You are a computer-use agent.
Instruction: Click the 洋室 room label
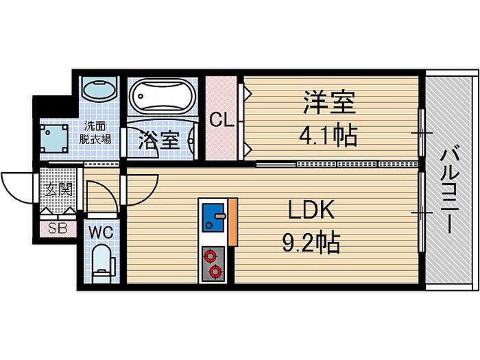(328, 104)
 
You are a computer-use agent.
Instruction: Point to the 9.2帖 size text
(310, 242)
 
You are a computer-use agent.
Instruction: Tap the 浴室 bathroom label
(159, 140)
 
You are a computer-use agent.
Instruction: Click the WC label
(101, 230)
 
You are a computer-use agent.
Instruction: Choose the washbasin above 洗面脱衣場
(99, 91)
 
